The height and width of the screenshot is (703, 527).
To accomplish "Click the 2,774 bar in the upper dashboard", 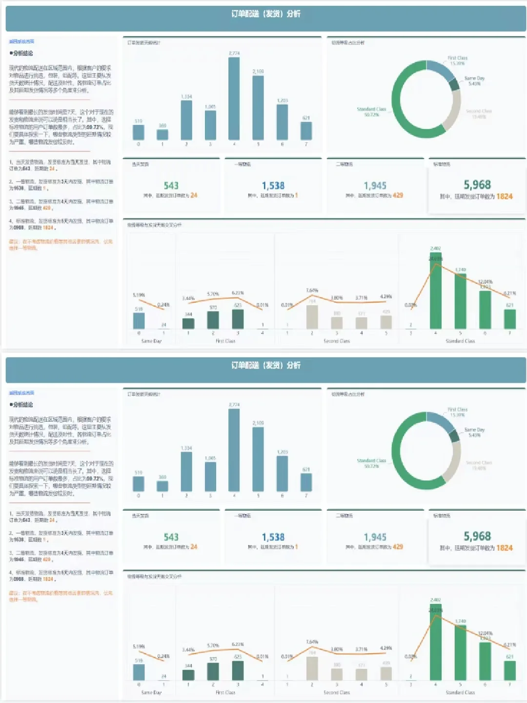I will tap(234, 98).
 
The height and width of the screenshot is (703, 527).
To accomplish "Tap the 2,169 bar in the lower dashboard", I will tap(258, 459).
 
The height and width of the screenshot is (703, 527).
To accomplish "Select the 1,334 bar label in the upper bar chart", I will tap(186, 97).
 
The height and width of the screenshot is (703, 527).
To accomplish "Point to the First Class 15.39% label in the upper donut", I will tap(457, 61).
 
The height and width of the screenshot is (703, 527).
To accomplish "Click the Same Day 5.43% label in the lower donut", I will tap(474, 432).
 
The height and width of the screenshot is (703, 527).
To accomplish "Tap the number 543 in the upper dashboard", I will tap(171, 186).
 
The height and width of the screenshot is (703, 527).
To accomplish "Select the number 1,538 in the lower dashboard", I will tap(273, 537).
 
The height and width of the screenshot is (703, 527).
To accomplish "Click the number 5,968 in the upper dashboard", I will tap(477, 185).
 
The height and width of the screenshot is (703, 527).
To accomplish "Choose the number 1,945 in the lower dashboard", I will tap(375, 537).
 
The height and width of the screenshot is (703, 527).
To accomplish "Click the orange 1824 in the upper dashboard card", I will tap(505, 196).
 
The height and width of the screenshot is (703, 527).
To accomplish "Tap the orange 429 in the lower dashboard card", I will tap(398, 547).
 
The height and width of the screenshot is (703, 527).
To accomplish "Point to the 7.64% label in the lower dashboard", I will tap(312, 642).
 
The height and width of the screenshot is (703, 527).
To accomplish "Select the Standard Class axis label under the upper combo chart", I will tap(460, 341).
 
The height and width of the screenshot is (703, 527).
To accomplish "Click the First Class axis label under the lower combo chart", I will tap(225, 692).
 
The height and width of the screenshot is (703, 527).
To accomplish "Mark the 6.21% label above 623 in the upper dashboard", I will tap(238, 293).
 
